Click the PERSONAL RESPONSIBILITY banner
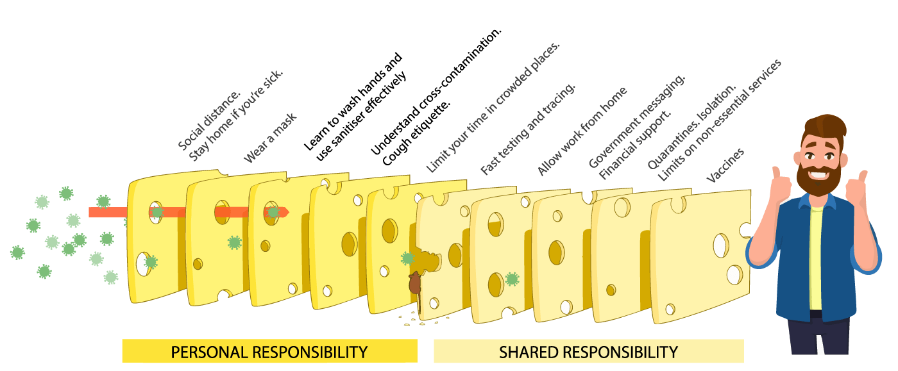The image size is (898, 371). (269, 352)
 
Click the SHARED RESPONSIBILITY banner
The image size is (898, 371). (588, 352)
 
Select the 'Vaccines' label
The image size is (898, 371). (725, 165)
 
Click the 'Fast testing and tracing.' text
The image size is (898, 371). (529, 128)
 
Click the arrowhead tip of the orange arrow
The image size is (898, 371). (286, 212)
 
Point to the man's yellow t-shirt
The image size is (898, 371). (815, 256)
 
